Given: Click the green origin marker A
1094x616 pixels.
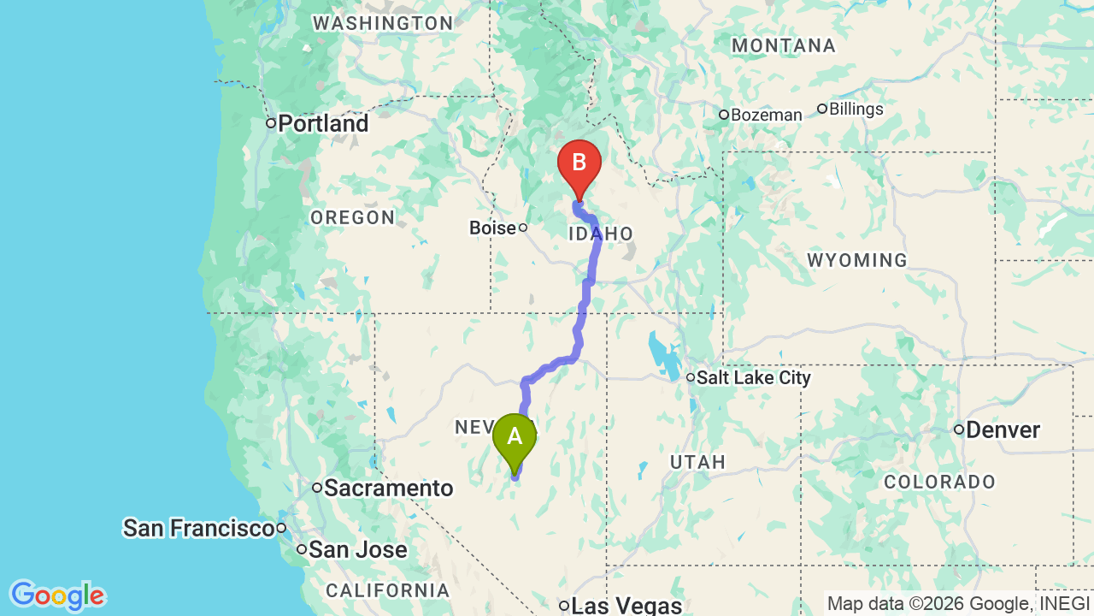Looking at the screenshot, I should pos(515,438).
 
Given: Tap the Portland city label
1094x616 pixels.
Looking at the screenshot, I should pos(323,124).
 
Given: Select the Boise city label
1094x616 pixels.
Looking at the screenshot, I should pos(493,228).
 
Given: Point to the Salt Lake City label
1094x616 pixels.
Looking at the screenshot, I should pos(753,377).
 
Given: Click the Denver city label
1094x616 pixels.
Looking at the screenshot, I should pos(1003,429).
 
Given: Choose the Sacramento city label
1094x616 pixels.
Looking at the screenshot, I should pos(389,489).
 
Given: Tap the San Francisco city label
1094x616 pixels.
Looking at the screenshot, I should pos(198,528).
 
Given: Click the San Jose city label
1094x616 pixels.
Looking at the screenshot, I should pos(358,550).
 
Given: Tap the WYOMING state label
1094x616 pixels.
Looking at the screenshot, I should pos(856,260).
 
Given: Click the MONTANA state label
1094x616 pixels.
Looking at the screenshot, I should pos(783,46).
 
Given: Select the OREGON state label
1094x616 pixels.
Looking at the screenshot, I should pos(352,218).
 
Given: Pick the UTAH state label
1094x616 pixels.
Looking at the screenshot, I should pos(697,463).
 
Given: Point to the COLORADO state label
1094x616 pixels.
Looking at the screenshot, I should pos(939,483).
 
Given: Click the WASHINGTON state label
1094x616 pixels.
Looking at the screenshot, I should pos(382,24).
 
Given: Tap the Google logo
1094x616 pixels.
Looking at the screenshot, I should pos(57,595).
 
